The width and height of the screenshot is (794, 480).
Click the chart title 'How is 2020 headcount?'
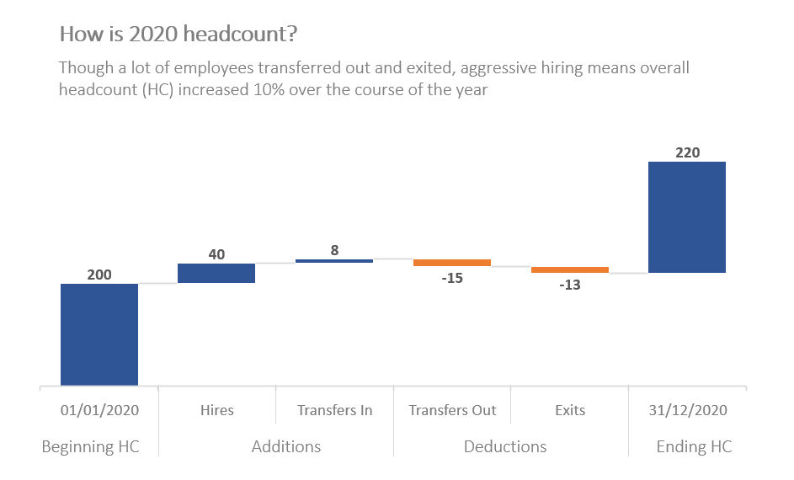coord(178,35)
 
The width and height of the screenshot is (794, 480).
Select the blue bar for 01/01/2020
coord(99,334)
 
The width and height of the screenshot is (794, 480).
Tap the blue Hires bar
coord(216,273)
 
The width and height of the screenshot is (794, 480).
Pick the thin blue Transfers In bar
coord(334,261)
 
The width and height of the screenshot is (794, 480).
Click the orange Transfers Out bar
coord(452,263)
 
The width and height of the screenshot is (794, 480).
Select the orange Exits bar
coord(570,269)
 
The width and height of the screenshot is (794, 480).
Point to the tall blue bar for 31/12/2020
coord(687,216)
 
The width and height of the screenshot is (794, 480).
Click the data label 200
coord(99,275)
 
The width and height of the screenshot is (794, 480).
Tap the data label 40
coord(216,254)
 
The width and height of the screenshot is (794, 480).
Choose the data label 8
coord(334,250)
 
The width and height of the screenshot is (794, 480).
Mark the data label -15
coord(452,278)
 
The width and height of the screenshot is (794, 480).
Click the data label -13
coord(570,285)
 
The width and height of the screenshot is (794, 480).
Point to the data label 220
coord(687,152)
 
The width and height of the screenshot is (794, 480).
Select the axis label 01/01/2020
coord(99,410)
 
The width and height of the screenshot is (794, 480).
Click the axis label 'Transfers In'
coord(334,410)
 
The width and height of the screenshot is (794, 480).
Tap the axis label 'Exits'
coord(570,410)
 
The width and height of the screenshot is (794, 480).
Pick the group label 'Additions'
coord(286,446)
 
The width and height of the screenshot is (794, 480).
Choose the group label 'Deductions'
coord(505,446)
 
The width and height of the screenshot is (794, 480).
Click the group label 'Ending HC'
coord(694,446)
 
